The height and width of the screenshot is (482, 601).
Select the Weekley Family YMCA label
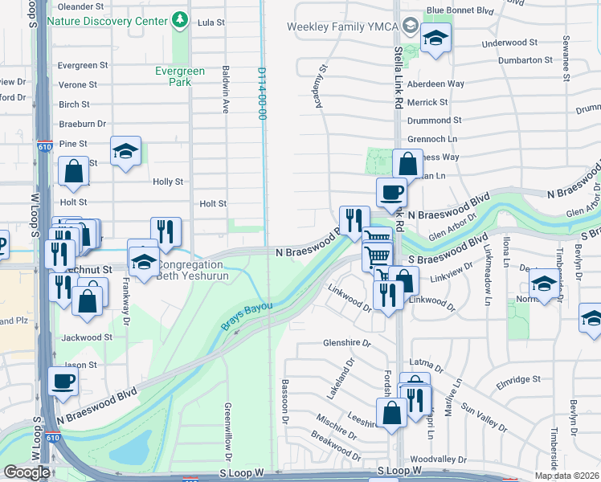tap(344, 27)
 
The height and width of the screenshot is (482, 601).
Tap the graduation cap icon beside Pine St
tap(125, 151)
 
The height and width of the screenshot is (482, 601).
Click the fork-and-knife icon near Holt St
tap(166, 231)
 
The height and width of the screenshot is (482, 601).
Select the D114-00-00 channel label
tap(261, 93)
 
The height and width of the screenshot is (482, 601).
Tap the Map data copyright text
tap(567, 476)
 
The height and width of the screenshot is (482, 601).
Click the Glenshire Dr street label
tap(346, 342)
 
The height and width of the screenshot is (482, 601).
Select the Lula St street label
tap(211, 22)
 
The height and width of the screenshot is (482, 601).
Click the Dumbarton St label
tap(525, 59)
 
